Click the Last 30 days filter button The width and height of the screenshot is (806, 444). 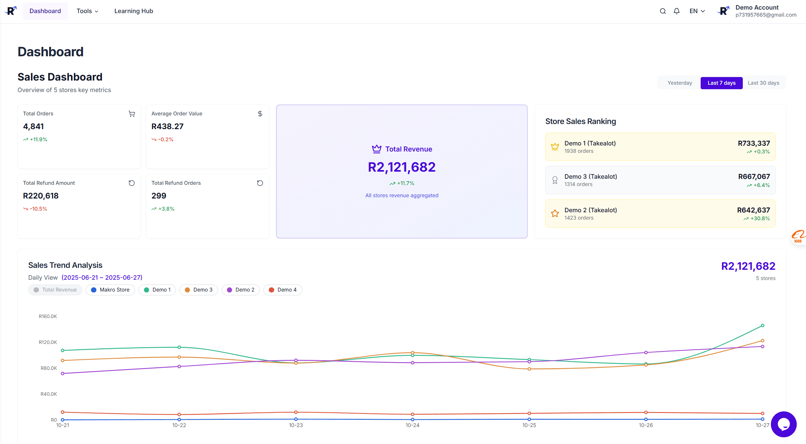point(763,83)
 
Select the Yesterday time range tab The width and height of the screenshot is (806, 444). point(680,83)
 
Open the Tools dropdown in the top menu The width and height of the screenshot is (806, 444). point(87,11)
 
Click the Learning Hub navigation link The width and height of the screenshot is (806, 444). point(133,11)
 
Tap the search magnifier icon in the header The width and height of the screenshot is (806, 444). point(663,11)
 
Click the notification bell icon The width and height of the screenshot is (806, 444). point(676,11)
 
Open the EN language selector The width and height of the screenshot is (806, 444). point(697,11)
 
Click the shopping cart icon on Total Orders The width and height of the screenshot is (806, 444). point(132,114)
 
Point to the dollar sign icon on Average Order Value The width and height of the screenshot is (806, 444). point(260,114)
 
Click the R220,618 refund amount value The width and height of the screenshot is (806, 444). point(41,196)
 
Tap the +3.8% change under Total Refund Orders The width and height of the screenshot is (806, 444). point(166,209)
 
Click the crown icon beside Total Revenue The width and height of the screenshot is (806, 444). point(377,149)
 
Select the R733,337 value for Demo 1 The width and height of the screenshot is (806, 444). point(754,143)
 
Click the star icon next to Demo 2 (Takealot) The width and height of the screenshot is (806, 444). point(555,213)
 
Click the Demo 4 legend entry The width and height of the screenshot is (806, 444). point(282,290)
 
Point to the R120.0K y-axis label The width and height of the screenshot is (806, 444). point(48,342)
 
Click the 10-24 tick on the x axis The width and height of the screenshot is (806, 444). point(412,425)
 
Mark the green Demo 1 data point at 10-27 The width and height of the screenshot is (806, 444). point(762,325)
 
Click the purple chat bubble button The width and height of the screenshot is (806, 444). point(783,424)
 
